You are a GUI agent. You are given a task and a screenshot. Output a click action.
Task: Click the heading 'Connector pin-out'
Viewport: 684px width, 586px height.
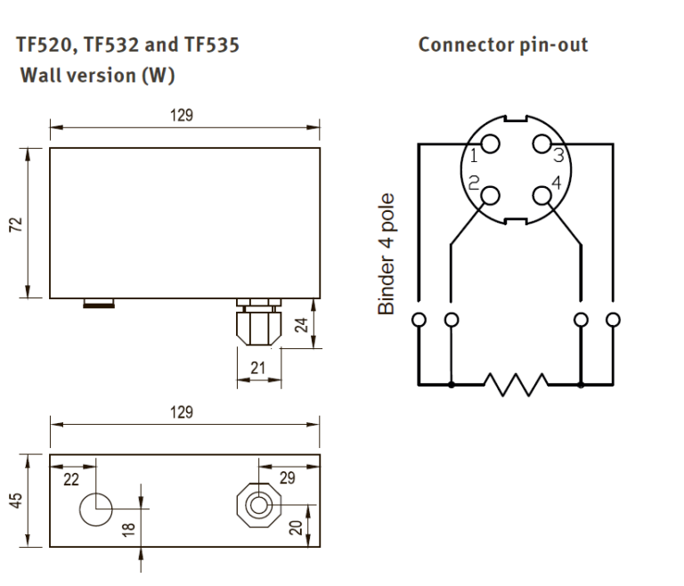click(x=502, y=45)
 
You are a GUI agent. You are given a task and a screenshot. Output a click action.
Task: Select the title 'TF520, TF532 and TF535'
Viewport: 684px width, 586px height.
click(x=122, y=45)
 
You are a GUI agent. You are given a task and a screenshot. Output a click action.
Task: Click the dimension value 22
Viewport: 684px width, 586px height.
click(x=72, y=479)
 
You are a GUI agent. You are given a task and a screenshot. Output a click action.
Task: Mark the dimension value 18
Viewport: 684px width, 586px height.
click(x=128, y=530)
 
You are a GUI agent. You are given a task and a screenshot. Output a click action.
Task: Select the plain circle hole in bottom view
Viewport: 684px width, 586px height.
click(x=96, y=509)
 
